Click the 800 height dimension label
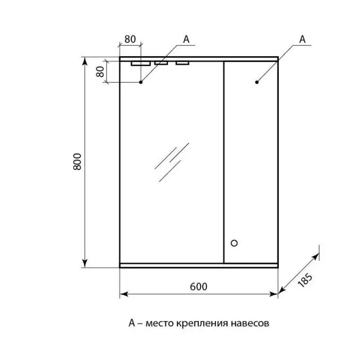point(77,161)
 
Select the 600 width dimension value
point(198,287)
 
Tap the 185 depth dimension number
point(305,280)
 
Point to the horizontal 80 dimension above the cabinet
point(130,39)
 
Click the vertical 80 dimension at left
point(100,72)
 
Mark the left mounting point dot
point(141,82)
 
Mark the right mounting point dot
point(257,82)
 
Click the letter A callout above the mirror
point(186,39)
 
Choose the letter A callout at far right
point(302,39)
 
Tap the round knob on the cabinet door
point(234,243)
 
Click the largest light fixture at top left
point(141,64)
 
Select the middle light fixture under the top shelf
point(161,63)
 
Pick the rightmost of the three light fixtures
point(182,63)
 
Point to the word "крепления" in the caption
point(202,323)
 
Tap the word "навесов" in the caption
point(249,323)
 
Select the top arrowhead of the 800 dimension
point(85,61)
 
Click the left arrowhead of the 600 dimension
point(124,294)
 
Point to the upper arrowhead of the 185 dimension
point(316,256)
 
